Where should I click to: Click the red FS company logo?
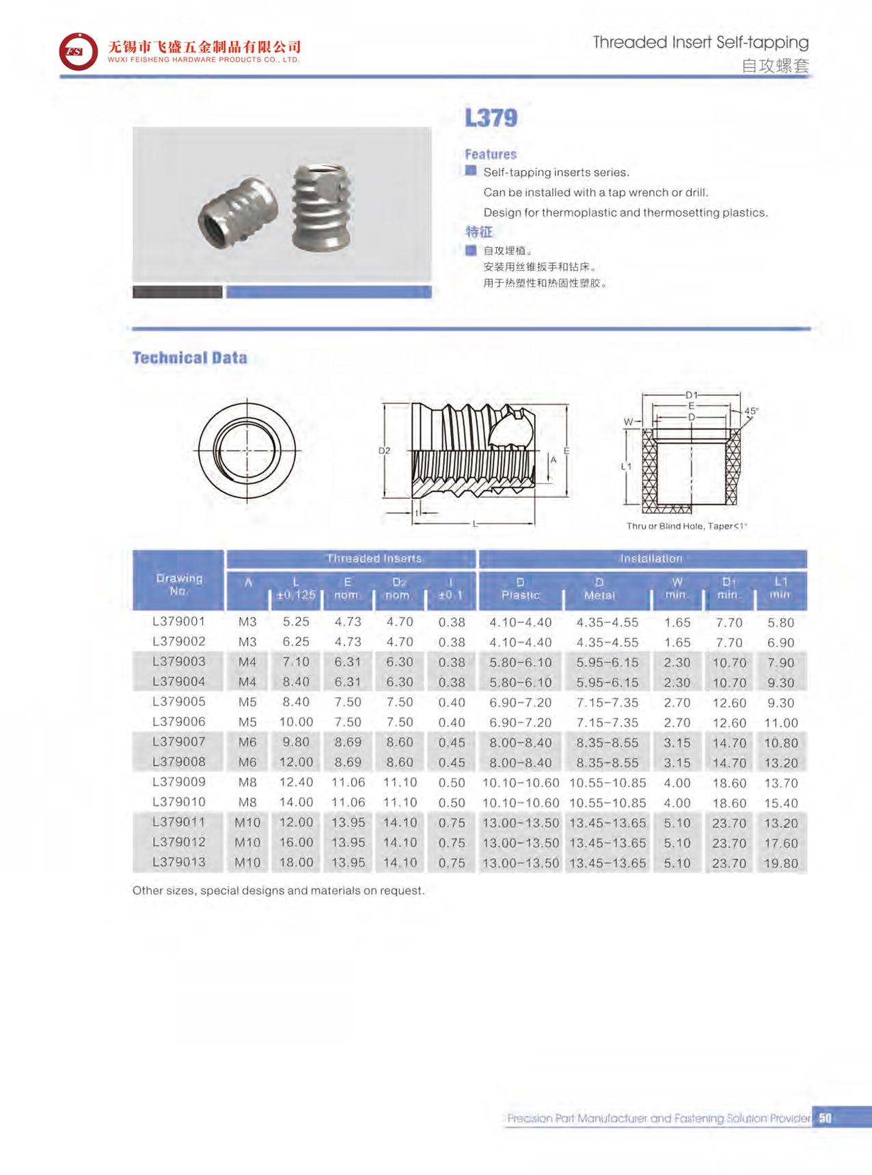(78, 51)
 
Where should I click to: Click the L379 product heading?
(491, 118)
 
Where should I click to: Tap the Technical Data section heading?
(189, 358)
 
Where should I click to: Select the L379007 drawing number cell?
(178, 742)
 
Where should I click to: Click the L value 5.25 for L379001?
(296, 622)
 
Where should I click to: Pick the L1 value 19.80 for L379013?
(780, 863)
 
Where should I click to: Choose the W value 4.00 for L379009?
(677, 783)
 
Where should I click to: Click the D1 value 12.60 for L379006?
(728, 723)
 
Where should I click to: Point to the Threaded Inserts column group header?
(373, 558)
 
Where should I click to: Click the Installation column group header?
(651, 558)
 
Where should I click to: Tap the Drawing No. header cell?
(178, 584)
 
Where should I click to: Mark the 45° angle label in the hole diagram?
(751, 411)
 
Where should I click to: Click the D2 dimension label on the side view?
(384, 450)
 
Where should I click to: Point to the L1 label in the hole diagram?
(626, 466)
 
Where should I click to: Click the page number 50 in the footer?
(825, 1118)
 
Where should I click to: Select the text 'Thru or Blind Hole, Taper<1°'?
(687, 526)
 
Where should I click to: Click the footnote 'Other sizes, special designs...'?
(278, 891)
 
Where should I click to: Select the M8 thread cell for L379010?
(247, 802)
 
